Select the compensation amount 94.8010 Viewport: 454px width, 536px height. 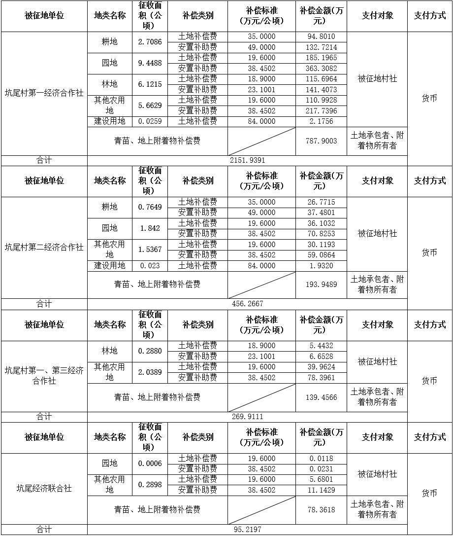point(321,36)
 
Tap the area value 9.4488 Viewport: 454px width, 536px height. point(150,63)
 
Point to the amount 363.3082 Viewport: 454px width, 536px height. point(321,68)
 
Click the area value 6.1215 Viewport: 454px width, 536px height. point(150,84)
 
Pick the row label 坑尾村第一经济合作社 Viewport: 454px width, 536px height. point(44,93)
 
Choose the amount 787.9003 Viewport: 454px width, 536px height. point(321,141)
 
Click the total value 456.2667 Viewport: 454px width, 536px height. point(247,304)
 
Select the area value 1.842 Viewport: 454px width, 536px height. point(150,228)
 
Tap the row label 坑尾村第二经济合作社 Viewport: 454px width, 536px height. point(44,247)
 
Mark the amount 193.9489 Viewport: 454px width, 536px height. point(321,285)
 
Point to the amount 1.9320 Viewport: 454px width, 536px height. point(321,266)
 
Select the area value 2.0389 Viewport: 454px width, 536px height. point(150,372)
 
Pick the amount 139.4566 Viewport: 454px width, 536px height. point(321,397)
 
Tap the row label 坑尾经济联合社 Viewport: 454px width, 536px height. point(44,488)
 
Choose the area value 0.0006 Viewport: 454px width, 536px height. point(150,464)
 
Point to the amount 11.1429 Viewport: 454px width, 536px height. point(321,490)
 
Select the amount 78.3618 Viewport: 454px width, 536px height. point(321,509)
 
